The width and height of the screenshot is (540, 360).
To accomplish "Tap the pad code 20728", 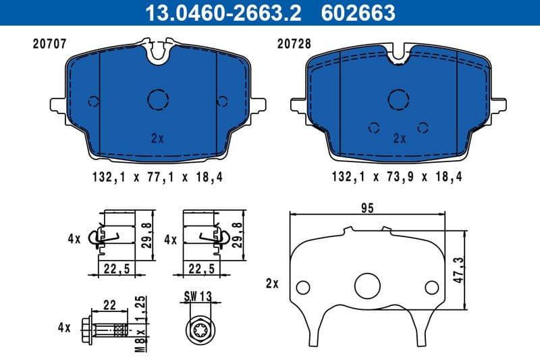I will click(x=291, y=44).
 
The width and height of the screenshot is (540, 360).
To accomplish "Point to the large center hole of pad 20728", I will click(x=399, y=100).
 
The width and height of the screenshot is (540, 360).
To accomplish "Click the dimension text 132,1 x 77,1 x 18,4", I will click(x=157, y=178).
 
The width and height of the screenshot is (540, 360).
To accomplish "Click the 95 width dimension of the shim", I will click(x=367, y=208).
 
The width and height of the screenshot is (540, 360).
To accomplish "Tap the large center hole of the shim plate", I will click(x=368, y=284).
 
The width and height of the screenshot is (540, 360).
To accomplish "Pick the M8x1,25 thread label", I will click(x=141, y=324).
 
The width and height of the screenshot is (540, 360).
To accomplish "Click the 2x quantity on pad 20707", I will click(x=158, y=138).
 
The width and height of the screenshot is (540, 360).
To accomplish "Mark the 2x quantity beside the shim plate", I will click(x=272, y=284).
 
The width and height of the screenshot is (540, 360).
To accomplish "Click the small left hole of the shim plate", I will click(x=303, y=286).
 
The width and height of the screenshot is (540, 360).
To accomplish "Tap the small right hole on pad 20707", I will click(x=221, y=101).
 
